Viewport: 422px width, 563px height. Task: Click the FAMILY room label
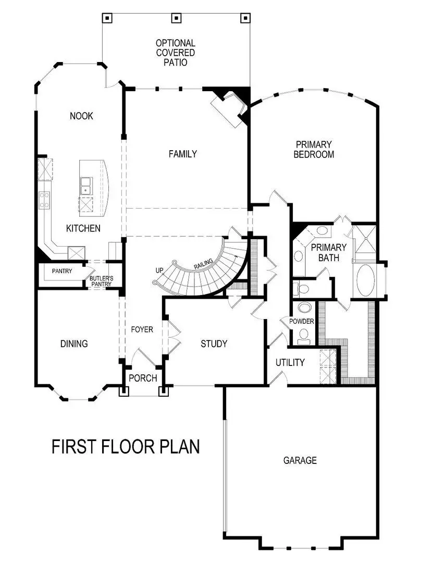182,154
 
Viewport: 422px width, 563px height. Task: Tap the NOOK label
81,116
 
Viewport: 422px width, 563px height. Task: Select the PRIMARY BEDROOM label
314,149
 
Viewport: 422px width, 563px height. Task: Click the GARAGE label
300,460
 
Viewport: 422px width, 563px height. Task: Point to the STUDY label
214,344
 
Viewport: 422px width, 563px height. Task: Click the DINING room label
74,344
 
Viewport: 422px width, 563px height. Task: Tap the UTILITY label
290,362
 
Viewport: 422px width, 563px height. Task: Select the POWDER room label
302,321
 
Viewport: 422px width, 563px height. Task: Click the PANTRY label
61,271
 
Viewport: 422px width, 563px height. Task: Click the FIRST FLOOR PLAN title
126,447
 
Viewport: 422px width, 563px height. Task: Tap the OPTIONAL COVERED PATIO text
175,53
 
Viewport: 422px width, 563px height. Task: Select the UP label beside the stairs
159,271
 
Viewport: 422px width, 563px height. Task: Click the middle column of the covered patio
176,18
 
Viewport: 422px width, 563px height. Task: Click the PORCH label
142,378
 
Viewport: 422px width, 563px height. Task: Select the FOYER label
142,329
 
